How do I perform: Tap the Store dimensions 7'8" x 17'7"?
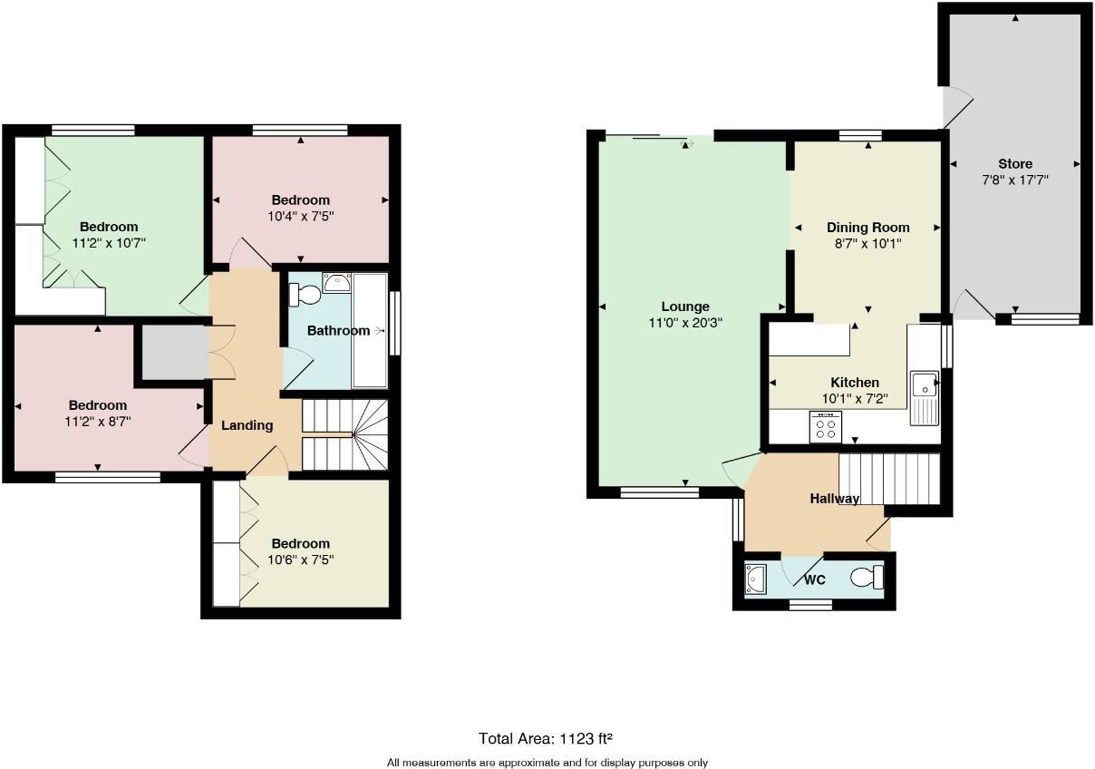pos(1015,180)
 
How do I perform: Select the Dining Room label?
pos(867,228)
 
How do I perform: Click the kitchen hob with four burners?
pos(825,427)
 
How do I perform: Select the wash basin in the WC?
pos(754,578)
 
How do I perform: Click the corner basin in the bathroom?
pos(337,283)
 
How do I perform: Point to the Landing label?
pos(247,425)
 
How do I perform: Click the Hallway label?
pos(834,499)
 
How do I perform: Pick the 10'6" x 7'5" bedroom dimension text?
pos(300,560)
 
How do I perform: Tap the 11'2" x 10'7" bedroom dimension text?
pos(109,242)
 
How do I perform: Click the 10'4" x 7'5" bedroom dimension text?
pos(300,216)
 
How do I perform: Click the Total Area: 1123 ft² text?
pos(552,738)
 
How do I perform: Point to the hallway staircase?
pos(888,479)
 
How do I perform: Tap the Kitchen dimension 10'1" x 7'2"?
pos(855,398)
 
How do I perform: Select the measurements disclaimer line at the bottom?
pos(547,763)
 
